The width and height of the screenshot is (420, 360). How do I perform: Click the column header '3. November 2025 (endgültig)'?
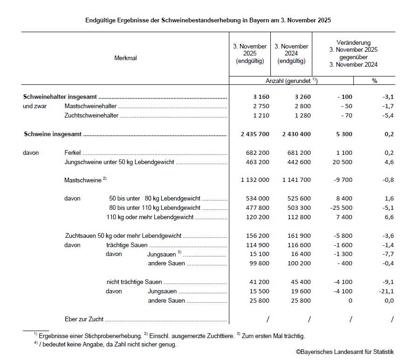click(x=250, y=54)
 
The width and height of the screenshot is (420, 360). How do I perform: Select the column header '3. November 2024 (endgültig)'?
click(x=291, y=54)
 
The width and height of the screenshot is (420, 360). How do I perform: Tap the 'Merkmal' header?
click(x=125, y=58)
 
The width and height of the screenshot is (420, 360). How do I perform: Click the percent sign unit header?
click(x=374, y=81)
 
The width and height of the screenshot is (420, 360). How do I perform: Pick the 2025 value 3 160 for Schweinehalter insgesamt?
click(x=261, y=97)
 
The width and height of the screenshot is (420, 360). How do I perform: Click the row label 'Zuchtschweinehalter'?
click(x=91, y=115)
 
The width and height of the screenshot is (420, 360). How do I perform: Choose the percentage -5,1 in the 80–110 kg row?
click(x=387, y=208)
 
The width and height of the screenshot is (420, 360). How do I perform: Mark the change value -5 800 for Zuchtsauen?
click(x=342, y=235)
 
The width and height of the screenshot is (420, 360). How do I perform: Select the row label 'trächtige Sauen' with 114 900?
click(x=127, y=245)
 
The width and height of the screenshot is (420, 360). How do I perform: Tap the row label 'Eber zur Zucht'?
click(x=84, y=319)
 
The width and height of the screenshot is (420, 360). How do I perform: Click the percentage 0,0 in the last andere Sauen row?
click(x=389, y=301)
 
